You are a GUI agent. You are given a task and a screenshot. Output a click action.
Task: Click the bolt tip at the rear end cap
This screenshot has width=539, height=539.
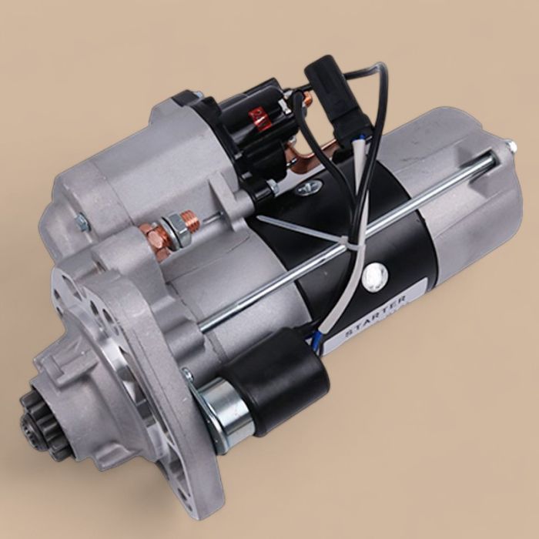[509, 146]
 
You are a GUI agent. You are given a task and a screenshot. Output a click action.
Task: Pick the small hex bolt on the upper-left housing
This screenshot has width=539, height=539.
[80, 223]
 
